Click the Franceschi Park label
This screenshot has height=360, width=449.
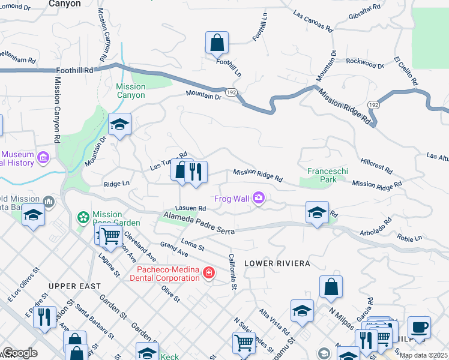pyautogui.click(x=327, y=175)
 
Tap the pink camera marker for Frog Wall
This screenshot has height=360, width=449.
pyautogui.click(x=259, y=197)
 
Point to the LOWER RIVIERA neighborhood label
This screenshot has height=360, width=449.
pyautogui.click(x=277, y=263)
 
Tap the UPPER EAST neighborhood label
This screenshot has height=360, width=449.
pyautogui.click(x=75, y=286)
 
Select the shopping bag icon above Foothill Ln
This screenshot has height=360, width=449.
pyautogui.click(x=217, y=43)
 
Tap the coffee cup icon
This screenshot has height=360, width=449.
pyautogui.click(x=419, y=328)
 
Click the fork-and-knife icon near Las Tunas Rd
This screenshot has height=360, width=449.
pyautogui.click(x=196, y=172)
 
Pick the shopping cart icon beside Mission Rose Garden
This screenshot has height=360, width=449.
pyautogui.click(x=110, y=236)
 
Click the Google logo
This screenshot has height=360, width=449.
pyautogui.click(x=20, y=353)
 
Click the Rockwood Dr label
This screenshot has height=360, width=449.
pyautogui.click(x=364, y=63)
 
